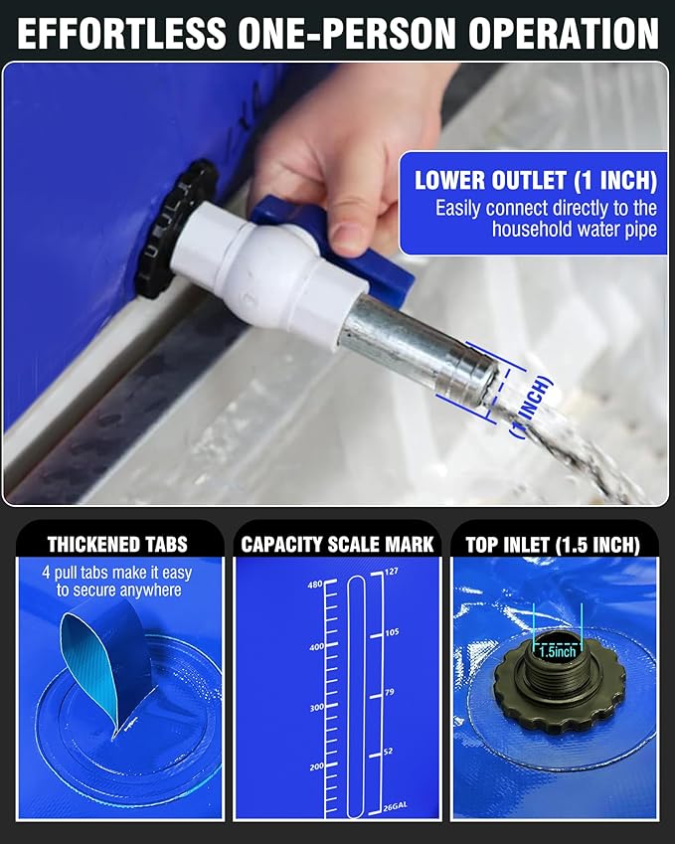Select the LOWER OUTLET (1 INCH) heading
(x=535, y=181)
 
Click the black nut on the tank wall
(x=174, y=229)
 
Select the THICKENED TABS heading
(x=117, y=544)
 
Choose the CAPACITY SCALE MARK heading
(x=337, y=544)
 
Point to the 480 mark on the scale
(x=315, y=585)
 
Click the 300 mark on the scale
(x=315, y=707)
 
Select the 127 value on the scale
(x=391, y=572)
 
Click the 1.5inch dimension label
(x=558, y=652)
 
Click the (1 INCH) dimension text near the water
(x=529, y=408)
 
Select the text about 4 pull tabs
(x=117, y=582)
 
